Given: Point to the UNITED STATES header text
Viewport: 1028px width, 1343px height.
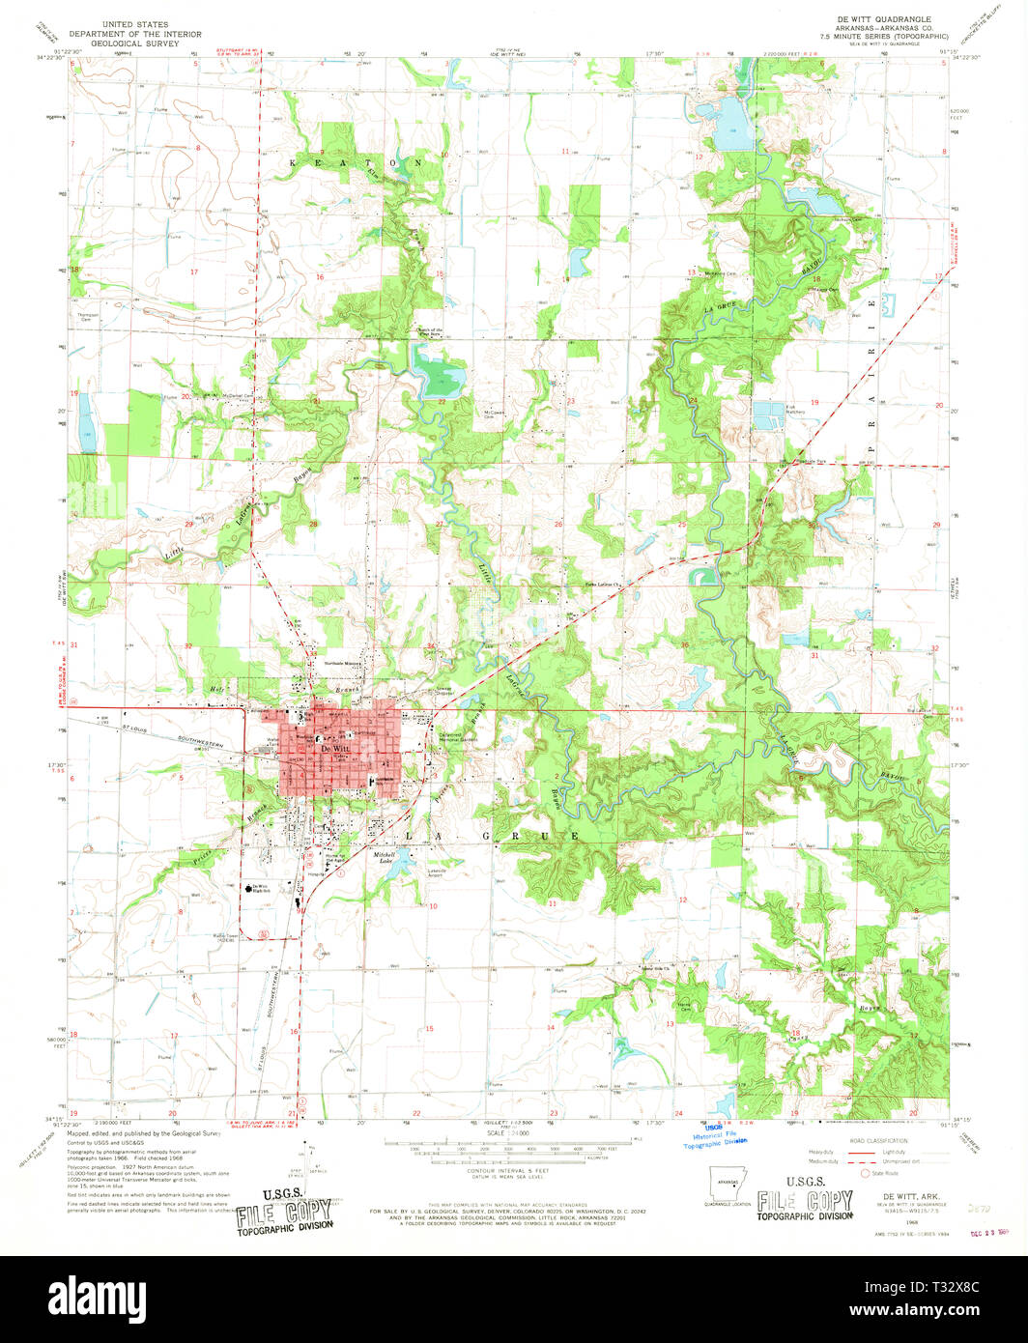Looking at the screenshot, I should [x=134, y=24].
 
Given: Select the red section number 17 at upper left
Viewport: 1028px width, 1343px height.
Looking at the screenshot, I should [x=193, y=271].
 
